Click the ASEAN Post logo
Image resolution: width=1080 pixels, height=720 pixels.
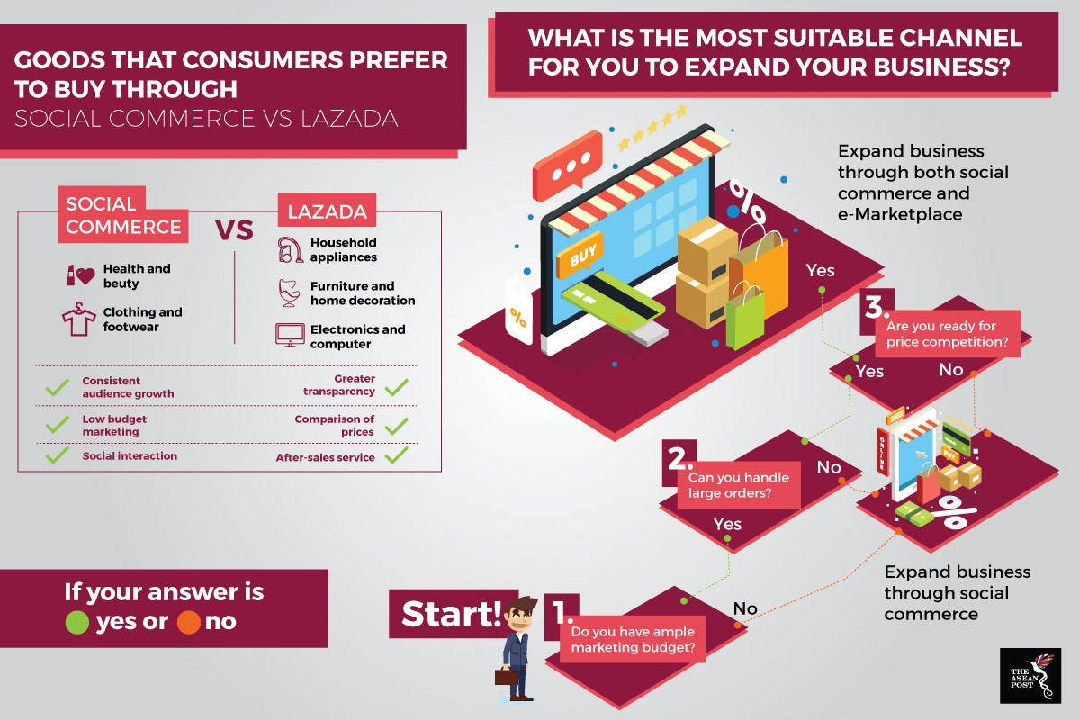pos(1030,675)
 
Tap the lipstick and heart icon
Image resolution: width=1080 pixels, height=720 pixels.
pos(80,275)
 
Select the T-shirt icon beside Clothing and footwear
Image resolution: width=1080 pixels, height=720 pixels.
pos(78,319)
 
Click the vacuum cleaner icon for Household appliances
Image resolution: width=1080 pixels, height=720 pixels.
pos(290,249)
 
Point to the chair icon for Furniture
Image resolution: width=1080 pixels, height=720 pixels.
pos(289,292)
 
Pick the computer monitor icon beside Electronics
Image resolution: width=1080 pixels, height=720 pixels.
pos(290,335)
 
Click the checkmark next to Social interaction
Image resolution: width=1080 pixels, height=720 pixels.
pos(58,454)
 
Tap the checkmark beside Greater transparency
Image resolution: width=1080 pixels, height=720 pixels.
pos(397,387)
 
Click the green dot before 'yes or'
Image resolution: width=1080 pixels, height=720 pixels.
pos(77,622)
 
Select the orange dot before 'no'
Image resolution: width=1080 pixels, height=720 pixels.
pos(188,622)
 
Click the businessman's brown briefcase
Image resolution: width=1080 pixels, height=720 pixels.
pos(507,676)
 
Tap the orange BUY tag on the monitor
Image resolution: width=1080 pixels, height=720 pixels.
pos(580,255)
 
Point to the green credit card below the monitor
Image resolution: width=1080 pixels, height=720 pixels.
pos(613,301)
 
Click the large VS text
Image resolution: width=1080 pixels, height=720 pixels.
pos(234,229)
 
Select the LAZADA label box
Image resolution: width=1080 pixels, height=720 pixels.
pos(327,211)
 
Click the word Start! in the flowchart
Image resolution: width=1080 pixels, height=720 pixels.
pos(452,614)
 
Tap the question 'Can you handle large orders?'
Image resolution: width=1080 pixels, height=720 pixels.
pos(739,485)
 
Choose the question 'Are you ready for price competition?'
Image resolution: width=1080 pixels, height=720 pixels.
pos(948,334)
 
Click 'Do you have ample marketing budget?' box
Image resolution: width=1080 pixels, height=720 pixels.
pos(633,639)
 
